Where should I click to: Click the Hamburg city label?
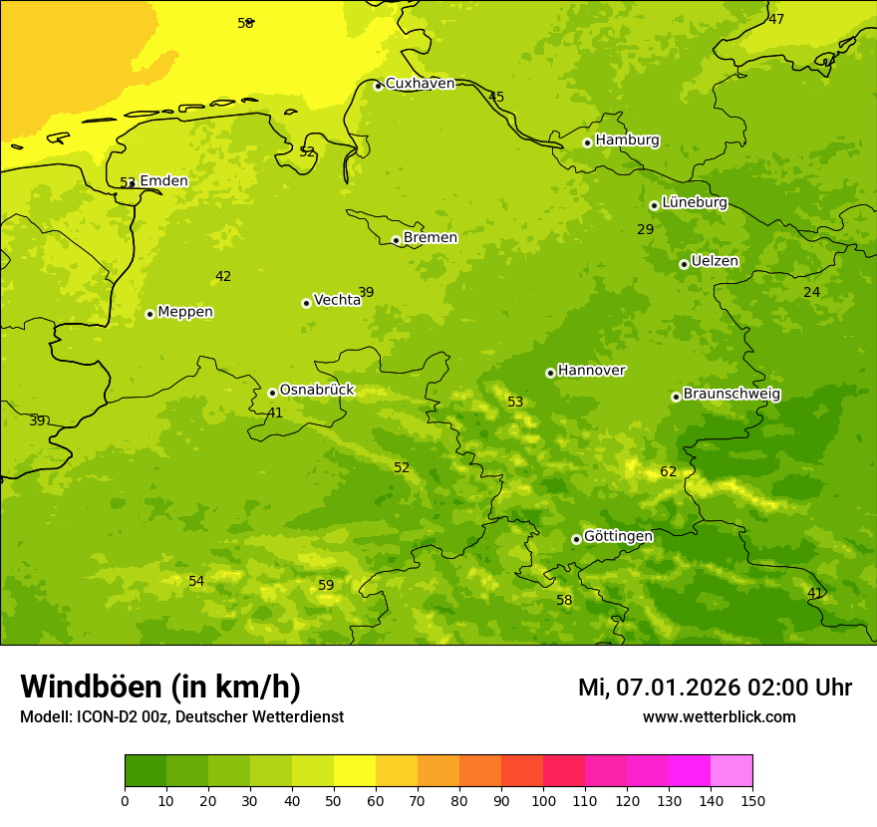[627, 140]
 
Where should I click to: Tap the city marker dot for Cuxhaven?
[378, 86]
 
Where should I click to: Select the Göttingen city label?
[618, 536]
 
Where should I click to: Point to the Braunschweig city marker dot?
[676, 397]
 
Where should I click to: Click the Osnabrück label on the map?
[316, 390]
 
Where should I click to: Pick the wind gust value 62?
[668, 471]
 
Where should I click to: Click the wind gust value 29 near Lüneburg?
[645, 229]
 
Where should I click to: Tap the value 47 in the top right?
[776, 19]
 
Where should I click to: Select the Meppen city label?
[184, 312]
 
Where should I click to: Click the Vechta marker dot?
[306, 303]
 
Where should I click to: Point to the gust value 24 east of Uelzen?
[811, 292]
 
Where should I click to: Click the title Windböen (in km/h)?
[160, 687]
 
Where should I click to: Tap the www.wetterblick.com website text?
[719, 717]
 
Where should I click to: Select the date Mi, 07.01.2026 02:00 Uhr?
[715, 688]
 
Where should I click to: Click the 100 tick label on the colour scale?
[543, 800]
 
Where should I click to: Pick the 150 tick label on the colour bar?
[752, 800]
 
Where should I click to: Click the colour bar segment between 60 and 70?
[397, 771]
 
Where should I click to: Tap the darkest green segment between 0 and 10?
[146, 771]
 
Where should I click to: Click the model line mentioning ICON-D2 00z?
[181, 717]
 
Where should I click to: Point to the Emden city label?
[163, 180]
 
